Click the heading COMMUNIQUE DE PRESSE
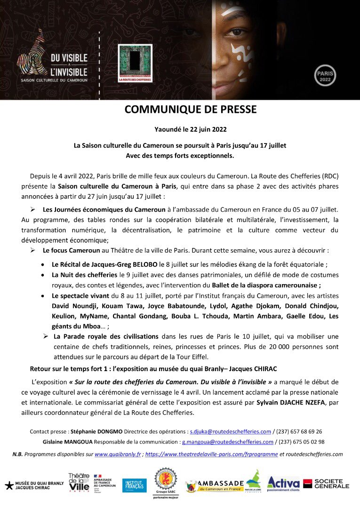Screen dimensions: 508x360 pyautogui.click(x=191, y=110)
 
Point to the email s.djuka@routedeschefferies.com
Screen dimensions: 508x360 pyautogui.click(x=230, y=431)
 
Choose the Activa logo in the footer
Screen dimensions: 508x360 pyautogui.click(x=283, y=483)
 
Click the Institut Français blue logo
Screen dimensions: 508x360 pyautogui.click(x=134, y=485)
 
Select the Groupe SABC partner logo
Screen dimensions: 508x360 pyautogui.click(x=166, y=483)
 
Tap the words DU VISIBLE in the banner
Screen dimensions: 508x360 pyautogui.click(x=69, y=57)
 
